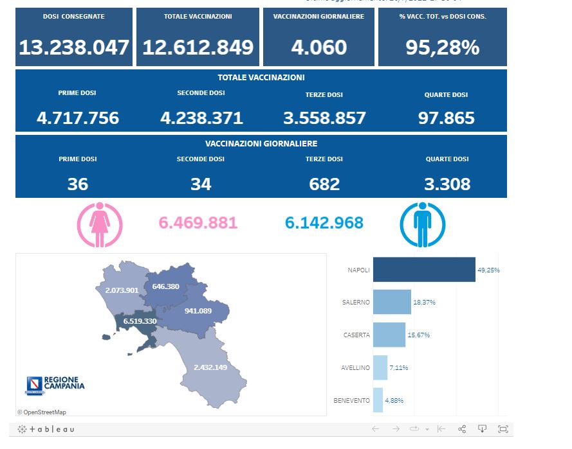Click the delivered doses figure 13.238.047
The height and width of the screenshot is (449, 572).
[x=74, y=48]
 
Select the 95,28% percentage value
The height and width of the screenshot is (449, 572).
[x=442, y=48]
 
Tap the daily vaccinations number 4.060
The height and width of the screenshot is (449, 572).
[x=319, y=48]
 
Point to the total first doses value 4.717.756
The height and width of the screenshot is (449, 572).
[x=78, y=118]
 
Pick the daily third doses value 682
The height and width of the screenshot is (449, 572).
[x=324, y=184]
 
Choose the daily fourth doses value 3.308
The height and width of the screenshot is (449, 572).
[x=447, y=184]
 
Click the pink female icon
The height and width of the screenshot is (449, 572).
[x=100, y=224]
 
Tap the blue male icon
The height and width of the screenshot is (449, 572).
[x=422, y=224]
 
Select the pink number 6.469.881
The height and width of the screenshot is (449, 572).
[x=198, y=223]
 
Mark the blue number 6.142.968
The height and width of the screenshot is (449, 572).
[x=324, y=223]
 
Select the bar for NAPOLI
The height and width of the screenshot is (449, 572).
[x=423, y=270]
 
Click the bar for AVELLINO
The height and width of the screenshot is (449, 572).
[x=380, y=367]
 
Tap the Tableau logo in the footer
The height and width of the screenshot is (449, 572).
[x=46, y=429]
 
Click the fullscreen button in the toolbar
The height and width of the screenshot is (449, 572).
[x=503, y=429]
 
